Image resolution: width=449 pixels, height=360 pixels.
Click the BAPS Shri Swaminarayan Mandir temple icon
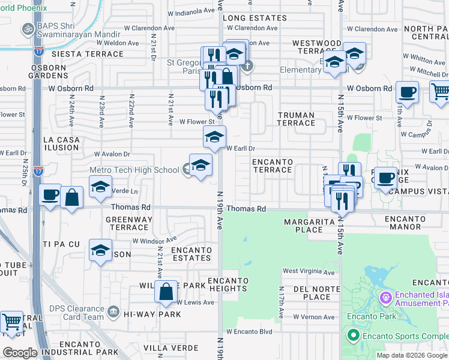pyautogui.click(x=28, y=29)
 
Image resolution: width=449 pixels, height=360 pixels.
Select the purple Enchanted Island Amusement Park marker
pyautogui.click(x=385, y=296)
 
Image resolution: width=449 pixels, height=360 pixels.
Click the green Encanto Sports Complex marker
pyautogui.click(x=354, y=335)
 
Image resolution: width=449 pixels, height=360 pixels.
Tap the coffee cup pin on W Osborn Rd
pyautogui.click(x=407, y=92)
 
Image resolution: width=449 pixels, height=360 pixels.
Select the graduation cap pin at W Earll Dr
pyautogui.click(x=214, y=136)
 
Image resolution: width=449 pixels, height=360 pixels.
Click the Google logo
pyautogui.click(x=20, y=353)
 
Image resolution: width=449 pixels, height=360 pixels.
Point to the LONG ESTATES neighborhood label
pyautogui.click(x=255, y=18)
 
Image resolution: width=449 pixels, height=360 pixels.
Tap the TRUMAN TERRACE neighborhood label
pyautogui.click(x=296, y=119)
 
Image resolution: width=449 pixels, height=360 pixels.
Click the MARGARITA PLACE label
pyautogui.click(x=304, y=226)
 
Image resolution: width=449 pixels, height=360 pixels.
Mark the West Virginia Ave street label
pyautogui.click(x=308, y=271)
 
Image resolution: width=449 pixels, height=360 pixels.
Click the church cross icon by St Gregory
pyautogui.click(x=247, y=65)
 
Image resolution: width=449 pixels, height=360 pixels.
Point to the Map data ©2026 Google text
pyautogui.click(x=412, y=355)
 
